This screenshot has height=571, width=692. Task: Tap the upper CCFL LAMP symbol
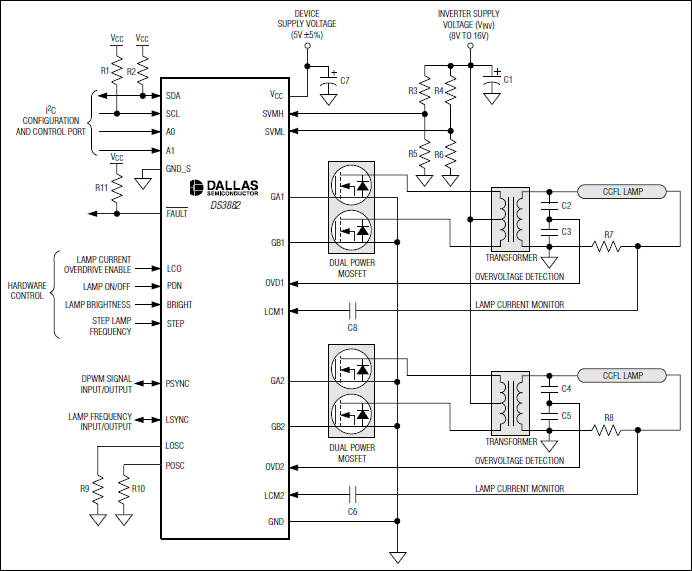coord(622,191)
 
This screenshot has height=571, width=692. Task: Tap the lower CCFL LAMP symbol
coord(622,375)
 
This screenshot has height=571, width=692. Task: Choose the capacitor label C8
coord(352,327)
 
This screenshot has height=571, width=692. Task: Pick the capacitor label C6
coord(352,511)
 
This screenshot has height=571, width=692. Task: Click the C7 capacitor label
coord(345,79)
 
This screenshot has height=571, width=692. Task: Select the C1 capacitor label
coord(508,79)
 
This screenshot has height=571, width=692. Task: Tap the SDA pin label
coord(174,95)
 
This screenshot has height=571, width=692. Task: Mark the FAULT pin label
coord(177,214)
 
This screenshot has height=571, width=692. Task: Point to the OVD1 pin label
coord(275,283)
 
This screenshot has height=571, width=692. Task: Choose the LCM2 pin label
coord(275,495)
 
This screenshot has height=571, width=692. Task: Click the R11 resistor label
coord(101,187)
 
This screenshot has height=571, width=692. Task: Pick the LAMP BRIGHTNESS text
coord(101,304)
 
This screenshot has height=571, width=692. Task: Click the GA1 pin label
coord(277,197)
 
